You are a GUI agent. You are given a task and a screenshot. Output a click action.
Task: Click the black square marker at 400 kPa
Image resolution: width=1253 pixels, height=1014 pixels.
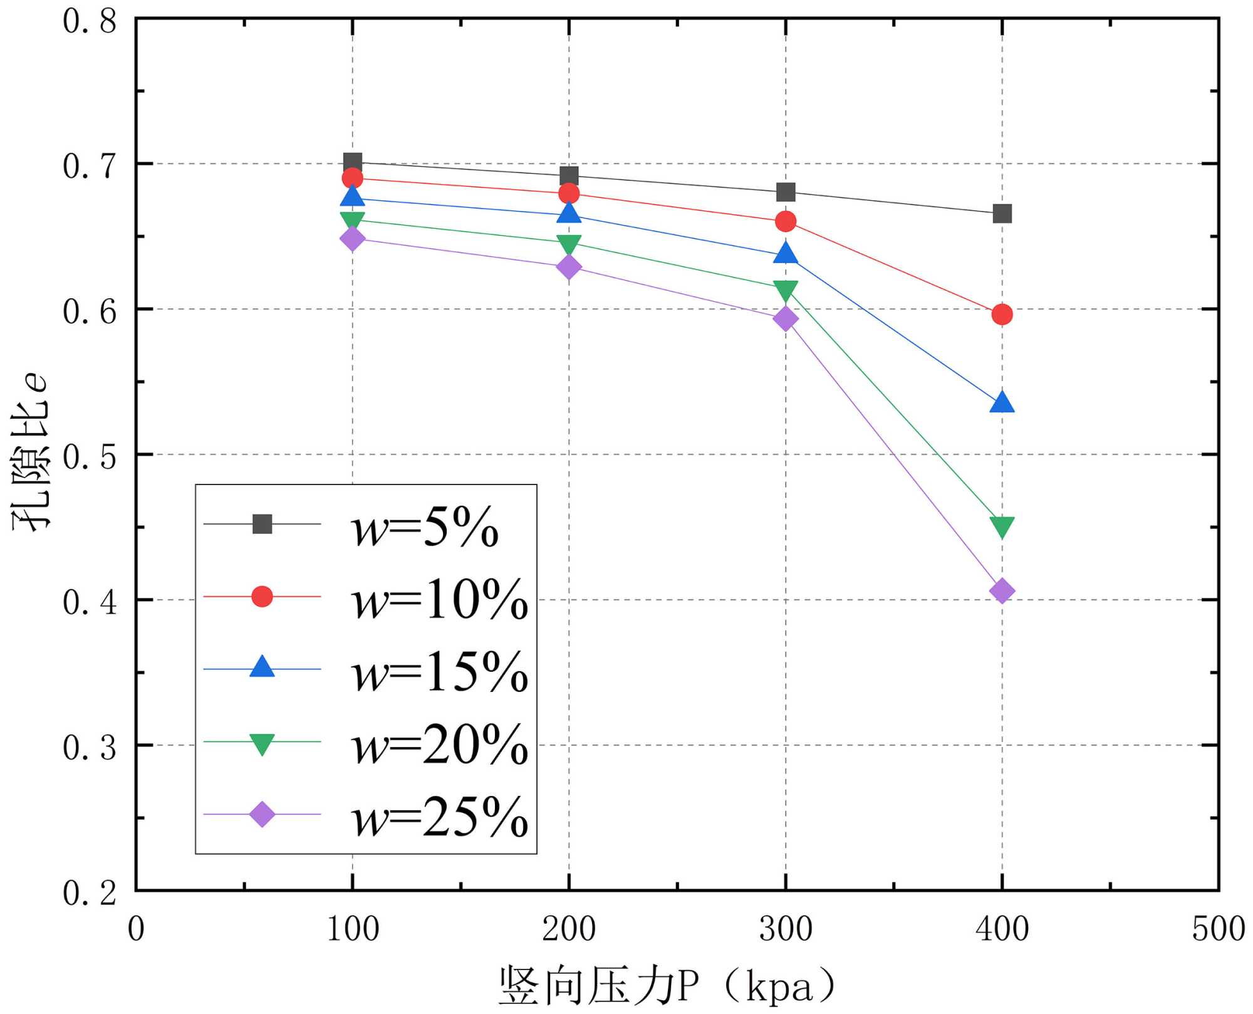(1002, 214)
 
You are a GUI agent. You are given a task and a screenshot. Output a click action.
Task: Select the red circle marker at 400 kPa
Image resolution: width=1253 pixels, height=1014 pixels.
(1002, 314)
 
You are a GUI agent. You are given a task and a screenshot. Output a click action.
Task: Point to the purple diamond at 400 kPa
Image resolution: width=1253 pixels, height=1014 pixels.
(1002, 590)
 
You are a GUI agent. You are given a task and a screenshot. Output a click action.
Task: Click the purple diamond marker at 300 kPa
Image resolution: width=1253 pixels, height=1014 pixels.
(785, 319)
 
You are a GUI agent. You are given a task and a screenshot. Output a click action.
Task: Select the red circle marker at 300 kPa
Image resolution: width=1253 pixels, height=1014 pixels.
(785, 221)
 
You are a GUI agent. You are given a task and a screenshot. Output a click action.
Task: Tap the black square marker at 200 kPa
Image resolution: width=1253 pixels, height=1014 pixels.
(569, 175)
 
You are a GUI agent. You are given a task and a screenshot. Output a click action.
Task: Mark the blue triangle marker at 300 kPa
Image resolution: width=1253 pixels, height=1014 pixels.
(785, 253)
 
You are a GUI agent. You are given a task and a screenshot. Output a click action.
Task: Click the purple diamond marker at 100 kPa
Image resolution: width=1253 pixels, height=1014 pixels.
(352, 238)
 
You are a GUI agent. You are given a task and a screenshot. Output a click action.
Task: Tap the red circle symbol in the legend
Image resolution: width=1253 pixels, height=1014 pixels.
(262, 596)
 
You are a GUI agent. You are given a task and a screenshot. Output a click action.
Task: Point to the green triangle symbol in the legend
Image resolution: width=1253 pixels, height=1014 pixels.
(262, 743)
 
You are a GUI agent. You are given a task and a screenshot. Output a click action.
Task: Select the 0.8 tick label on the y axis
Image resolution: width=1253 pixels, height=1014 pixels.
(90, 21)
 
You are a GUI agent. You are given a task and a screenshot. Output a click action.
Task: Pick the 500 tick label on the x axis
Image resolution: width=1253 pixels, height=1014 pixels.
(1218, 929)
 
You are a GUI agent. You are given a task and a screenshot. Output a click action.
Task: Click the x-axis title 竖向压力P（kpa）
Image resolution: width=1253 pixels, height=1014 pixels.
(667, 985)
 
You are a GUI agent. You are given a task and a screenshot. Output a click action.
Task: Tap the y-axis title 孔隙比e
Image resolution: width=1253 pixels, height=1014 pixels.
(30, 452)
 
